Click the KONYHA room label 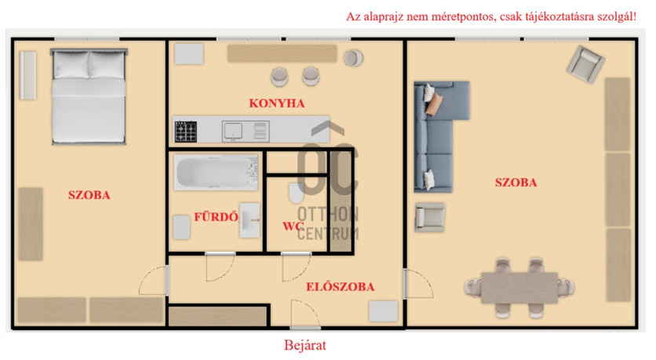276,104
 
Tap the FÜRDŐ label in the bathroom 216,216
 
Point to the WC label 293,226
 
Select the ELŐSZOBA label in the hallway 340,287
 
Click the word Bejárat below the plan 305,345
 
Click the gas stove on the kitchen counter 186,132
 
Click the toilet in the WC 296,193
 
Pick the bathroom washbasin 250,220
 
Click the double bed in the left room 89,96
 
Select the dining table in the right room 519,288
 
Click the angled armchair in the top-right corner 585,64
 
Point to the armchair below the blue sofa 430,217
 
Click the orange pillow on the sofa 434,104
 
